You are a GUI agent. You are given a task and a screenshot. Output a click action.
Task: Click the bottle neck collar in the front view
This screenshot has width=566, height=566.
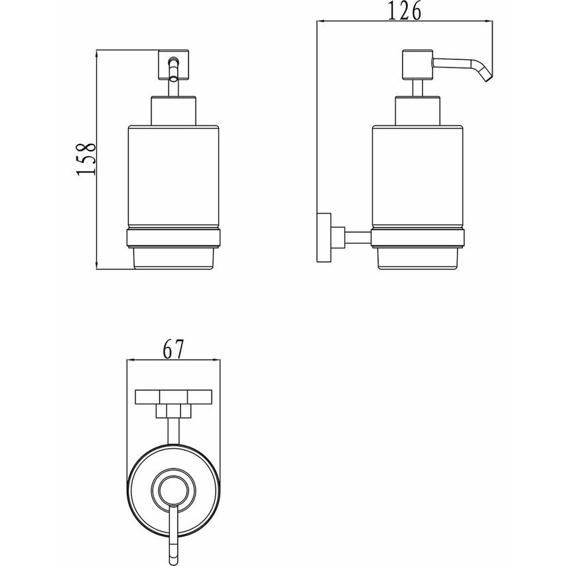pos(173,111)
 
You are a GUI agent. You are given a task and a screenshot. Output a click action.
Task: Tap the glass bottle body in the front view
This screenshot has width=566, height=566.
pos(173,177)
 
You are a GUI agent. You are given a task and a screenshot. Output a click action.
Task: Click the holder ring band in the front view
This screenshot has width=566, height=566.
pos(173,239)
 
